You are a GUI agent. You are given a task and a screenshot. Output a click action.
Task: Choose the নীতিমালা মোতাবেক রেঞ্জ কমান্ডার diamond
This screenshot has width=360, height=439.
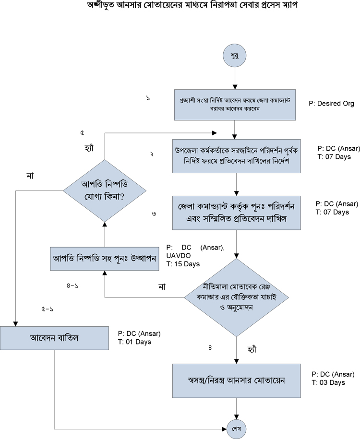coord(235,298)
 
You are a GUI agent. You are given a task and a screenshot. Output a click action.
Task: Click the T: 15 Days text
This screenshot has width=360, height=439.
coord(183,264)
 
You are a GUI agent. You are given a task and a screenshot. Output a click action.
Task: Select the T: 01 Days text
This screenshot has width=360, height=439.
coord(134,342)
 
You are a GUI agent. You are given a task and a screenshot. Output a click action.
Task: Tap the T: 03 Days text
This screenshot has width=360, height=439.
coord(328,382)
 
